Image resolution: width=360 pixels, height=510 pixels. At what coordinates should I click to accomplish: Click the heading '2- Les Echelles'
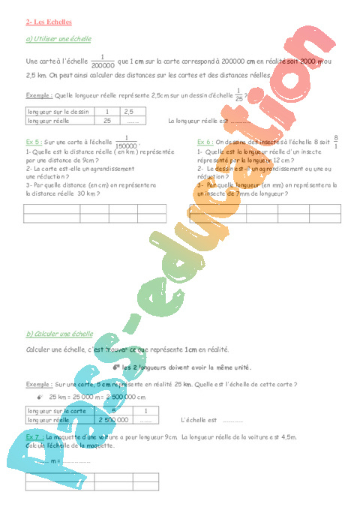(45, 24)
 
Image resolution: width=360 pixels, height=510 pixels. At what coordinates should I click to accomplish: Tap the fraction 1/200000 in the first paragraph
(103, 61)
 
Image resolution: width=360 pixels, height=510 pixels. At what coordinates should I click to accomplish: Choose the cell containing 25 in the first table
(106, 120)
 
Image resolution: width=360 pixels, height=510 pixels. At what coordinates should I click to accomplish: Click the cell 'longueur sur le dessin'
(56, 111)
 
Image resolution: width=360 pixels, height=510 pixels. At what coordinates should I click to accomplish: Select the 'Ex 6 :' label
(205, 141)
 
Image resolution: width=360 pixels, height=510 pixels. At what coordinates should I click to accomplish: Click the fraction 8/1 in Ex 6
(335, 141)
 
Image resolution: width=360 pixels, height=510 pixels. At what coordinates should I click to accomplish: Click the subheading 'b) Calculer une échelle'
(59, 334)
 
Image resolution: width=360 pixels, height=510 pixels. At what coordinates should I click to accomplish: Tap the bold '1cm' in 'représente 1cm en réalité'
(190, 349)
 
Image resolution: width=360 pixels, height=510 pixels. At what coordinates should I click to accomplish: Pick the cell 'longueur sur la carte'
(55, 411)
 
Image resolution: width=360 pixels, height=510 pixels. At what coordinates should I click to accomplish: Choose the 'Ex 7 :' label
(34, 436)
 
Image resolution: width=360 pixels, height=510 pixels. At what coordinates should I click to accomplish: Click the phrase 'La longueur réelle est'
(197, 120)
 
